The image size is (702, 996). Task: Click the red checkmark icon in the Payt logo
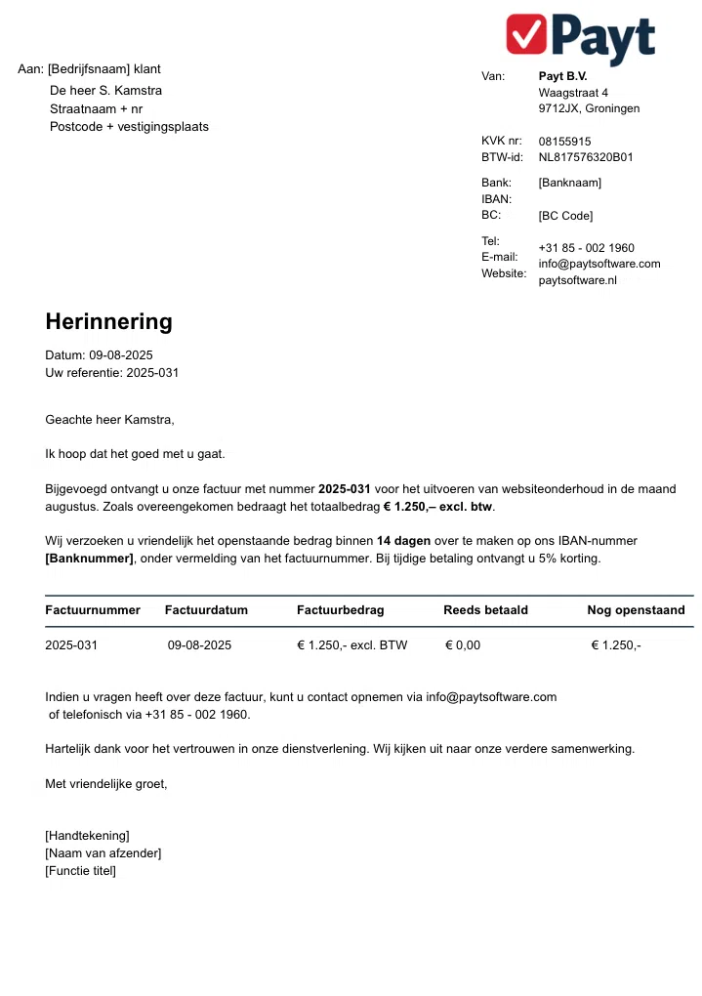[x=527, y=33]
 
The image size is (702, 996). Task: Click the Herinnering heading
[x=108, y=322]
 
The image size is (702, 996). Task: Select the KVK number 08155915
[x=564, y=142]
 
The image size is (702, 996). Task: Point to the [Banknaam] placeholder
[x=569, y=183]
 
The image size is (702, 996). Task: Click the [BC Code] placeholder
[x=565, y=216]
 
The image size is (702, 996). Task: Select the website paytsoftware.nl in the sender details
[x=578, y=280]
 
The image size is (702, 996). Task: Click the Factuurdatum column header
[x=206, y=610]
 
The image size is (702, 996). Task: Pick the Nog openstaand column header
[x=636, y=610]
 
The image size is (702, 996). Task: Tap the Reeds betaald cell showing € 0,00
[x=463, y=645]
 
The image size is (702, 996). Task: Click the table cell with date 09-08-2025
[x=199, y=645]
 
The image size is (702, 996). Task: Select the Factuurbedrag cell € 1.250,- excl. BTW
[x=351, y=645]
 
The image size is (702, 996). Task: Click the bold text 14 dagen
[x=403, y=540]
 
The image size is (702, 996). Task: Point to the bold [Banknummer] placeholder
[x=89, y=559]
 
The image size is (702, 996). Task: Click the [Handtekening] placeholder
[x=87, y=836]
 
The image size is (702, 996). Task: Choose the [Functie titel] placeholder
[x=80, y=871]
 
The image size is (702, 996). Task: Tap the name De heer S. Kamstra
[x=105, y=91]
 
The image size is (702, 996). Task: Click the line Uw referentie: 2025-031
[x=111, y=373]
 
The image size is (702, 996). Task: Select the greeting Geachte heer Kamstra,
[x=109, y=420]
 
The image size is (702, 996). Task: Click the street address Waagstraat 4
[x=573, y=93]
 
